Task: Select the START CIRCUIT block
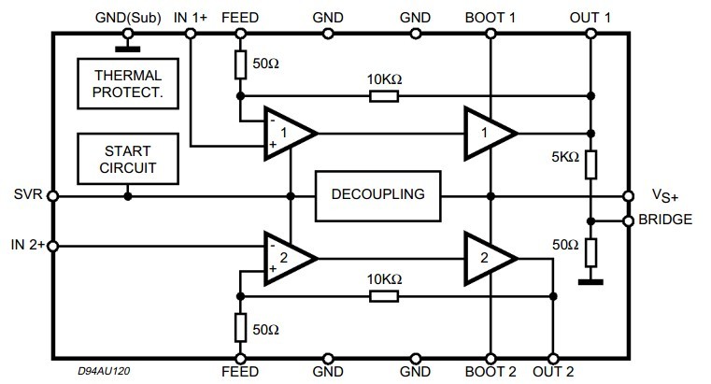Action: tap(127, 159)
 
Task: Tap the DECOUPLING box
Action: tap(378, 194)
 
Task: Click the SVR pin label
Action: tap(23, 196)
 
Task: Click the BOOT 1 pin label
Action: tap(490, 17)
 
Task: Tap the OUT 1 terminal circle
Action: tap(590, 33)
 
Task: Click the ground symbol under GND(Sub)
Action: tap(123, 42)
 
